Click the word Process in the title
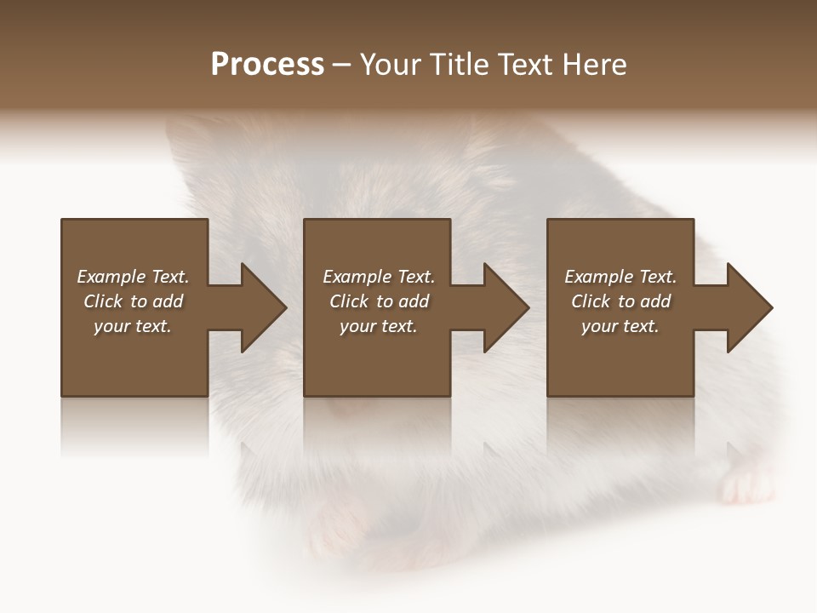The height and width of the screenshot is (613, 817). pos(267,65)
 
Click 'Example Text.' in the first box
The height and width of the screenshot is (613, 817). pos(133,277)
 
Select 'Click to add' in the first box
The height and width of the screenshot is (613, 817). pos(133,301)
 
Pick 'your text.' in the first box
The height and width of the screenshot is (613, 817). pos(133,326)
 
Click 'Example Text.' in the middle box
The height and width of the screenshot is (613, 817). pos(379,277)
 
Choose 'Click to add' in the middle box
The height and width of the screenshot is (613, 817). pos(379,301)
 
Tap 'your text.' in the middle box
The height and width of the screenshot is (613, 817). pos(379,326)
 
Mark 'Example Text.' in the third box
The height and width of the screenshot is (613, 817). pos(620,277)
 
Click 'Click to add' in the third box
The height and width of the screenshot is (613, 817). pos(620,301)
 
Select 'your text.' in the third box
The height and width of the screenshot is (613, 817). pos(620,326)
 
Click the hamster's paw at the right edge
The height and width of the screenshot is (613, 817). pos(745,485)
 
